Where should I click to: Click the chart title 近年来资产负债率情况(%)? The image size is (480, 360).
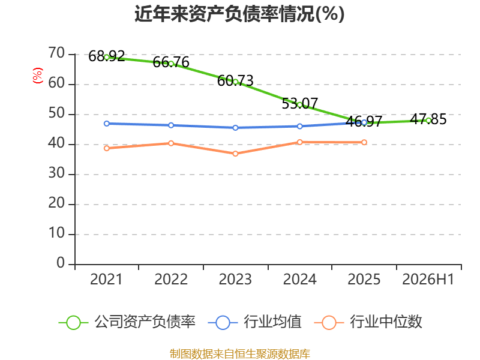pyautogui.click(x=239, y=14)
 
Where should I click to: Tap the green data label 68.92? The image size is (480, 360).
pyautogui.click(x=107, y=56)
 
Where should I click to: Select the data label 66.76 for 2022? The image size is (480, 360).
pyautogui.click(x=171, y=62)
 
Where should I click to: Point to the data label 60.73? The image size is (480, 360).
pyautogui.click(x=235, y=81)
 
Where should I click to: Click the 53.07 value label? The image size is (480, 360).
pyautogui.click(x=299, y=103)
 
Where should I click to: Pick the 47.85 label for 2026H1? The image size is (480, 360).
pyautogui.click(x=428, y=119)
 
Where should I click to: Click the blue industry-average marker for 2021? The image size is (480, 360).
pyautogui.click(x=107, y=124)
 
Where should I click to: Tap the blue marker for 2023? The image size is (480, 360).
pyautogui.click(x=235, y=128)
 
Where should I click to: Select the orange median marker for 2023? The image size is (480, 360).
pyautogui.click(x=235, y=154)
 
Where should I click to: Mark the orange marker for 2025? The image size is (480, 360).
pyautogui.click(x=364, y=142)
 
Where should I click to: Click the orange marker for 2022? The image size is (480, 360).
pyautogui.click(x=171, y=143)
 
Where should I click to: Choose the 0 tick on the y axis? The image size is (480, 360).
pyautogui.click(x=61, y=263)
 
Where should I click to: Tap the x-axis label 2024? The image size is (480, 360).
pyautogui.click(x=299, y=279)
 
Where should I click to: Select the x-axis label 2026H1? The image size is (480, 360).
pyautogui.click(x=428, y=279)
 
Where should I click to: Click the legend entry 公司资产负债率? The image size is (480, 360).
pyautogui.click(x=127, y=322)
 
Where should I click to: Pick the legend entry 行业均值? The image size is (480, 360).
pyautogui.click(x=254, y=322)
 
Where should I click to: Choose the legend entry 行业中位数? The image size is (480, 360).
pyautogui.click(x=368, y=322)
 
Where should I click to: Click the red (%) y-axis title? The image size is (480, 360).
pyautogui.click(x=38, y=76)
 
